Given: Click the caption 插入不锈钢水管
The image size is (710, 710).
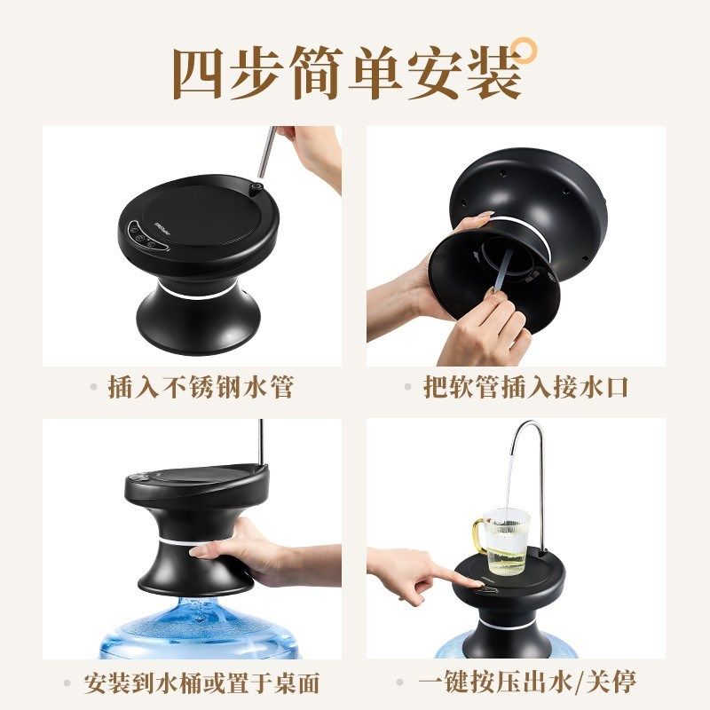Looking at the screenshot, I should (x=201, y=388).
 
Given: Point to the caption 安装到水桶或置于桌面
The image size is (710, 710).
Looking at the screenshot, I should (x=201, y=683).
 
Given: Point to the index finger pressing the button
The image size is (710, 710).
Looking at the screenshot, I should (x=457, y=578).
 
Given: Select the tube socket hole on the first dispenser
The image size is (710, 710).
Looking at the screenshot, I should (x=256, y=188).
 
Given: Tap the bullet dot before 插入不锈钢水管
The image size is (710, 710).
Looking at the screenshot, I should (x=94, y=388).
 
